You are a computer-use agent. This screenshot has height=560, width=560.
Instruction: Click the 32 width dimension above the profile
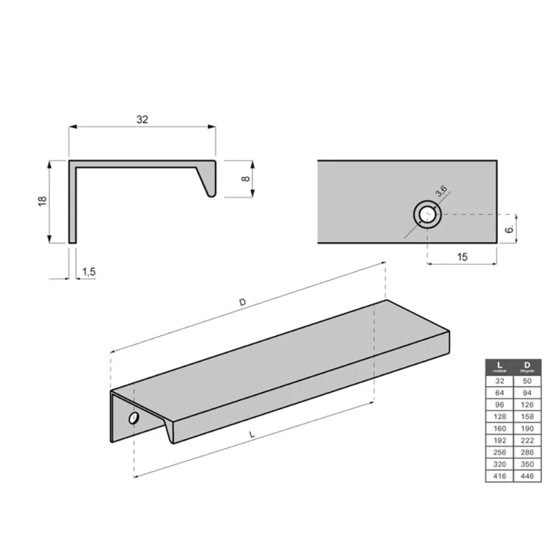(x=142, y=119)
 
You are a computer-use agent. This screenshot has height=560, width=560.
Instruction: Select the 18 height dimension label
(x=43, y=201)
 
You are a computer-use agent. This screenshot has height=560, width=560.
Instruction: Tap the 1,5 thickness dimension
(x=89, y=271)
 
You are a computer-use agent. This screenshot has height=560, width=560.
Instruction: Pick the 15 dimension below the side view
(x=461, y=257)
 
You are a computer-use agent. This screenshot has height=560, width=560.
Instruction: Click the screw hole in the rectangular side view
(x=428, y=215)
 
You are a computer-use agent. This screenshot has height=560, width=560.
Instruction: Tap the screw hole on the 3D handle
(x=134, y=418)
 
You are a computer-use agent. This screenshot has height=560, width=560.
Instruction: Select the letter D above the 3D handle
(x=242, y=302)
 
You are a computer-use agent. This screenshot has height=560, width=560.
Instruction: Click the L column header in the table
(x=500, y=366)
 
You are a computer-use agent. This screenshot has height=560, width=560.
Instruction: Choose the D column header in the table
(x=526, y=366)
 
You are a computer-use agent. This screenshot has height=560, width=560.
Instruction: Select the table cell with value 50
(x=526, y=380)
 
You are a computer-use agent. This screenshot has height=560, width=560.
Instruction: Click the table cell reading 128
(x=500, y=416)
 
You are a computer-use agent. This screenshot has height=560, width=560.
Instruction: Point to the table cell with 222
(x=526, y=439)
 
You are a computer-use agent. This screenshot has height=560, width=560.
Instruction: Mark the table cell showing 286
(x=526, y=451)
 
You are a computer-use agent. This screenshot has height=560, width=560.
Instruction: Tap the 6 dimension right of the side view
(x=508, y=230)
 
